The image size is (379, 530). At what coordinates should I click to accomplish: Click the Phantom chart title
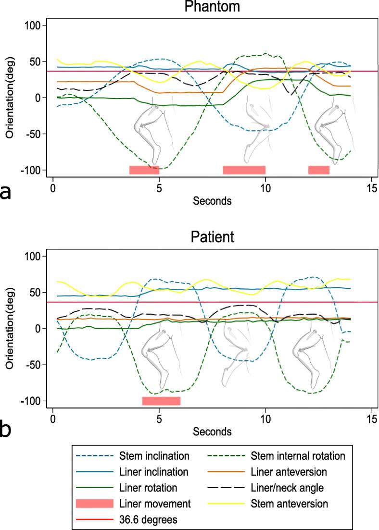(213, 7)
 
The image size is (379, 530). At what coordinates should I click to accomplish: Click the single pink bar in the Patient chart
(161, 401)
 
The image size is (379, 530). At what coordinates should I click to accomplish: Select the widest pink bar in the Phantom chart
(244, 170)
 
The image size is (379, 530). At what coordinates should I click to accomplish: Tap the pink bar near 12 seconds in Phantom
(318, 170)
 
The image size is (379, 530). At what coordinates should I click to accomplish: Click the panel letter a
(6, 192)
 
